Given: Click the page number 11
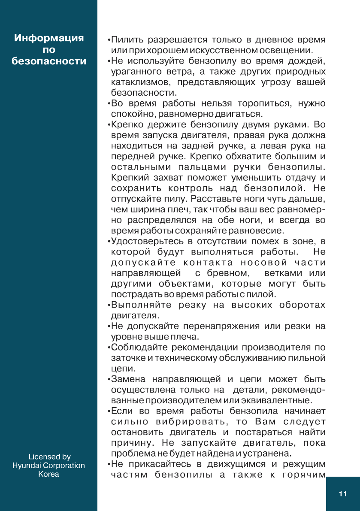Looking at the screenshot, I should point(342,494).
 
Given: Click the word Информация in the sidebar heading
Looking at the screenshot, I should point(49,38).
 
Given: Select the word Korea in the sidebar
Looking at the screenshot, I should point(49,474).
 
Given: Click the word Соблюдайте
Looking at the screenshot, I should point(141,347).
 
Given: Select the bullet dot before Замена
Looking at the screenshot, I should point(109,379).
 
